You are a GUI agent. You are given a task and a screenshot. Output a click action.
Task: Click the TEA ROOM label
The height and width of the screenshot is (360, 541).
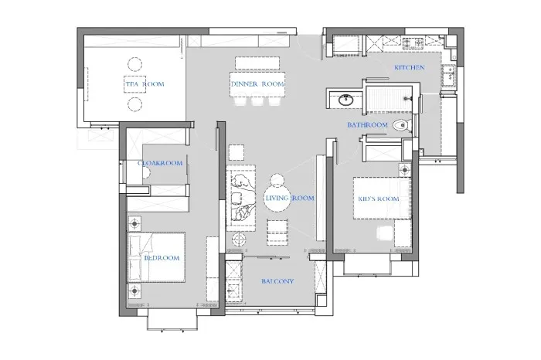145,83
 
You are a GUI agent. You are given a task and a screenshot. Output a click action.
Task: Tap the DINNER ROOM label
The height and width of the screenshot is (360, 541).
257,83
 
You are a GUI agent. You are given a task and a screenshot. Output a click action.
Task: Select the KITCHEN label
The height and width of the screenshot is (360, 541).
409,67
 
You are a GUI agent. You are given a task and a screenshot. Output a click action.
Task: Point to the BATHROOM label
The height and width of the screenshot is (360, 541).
367,125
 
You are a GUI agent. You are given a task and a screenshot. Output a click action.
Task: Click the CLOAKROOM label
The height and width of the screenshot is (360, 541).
160,163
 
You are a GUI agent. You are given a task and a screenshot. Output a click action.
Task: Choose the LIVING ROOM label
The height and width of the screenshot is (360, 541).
290,198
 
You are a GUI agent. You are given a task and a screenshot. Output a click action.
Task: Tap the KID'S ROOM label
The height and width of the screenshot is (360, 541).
379,199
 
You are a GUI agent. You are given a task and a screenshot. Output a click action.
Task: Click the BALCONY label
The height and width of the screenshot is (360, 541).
277,281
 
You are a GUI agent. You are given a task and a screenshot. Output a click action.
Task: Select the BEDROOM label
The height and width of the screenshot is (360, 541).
162,257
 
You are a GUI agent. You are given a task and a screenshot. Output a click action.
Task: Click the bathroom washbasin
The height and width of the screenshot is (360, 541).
345,100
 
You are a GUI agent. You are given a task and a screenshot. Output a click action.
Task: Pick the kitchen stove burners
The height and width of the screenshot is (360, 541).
413,42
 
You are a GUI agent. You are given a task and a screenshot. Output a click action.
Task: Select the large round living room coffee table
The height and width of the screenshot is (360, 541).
277,198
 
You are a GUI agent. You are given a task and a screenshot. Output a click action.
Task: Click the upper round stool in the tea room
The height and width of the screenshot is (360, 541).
134,64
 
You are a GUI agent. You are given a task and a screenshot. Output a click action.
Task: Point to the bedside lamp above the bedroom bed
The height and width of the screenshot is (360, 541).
134,224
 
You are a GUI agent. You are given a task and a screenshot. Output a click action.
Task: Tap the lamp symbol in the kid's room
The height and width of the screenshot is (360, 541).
405,169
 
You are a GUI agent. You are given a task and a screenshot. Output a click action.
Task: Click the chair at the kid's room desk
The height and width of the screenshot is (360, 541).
385,233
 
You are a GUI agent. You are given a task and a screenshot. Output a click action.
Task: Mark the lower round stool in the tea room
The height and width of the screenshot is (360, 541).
134,104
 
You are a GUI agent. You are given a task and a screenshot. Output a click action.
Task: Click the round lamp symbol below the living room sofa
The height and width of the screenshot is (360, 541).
239,238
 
